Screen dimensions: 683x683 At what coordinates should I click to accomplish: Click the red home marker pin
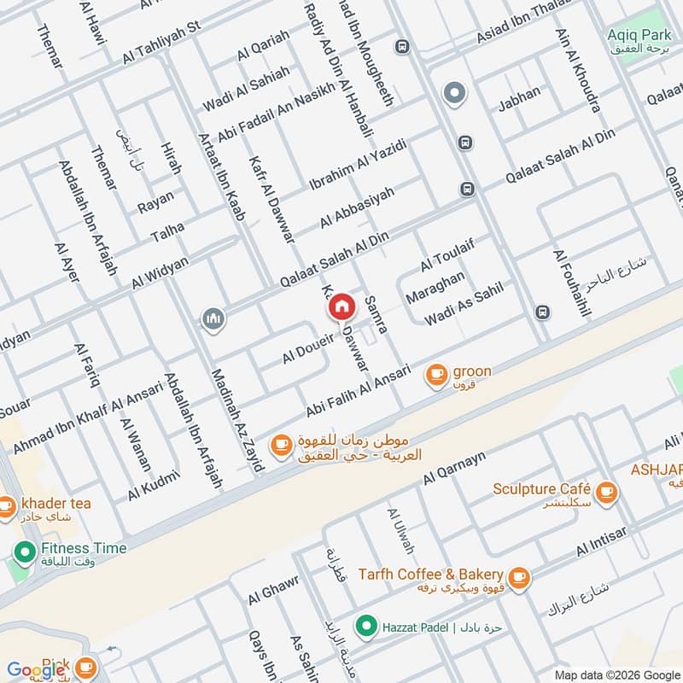[341, 306]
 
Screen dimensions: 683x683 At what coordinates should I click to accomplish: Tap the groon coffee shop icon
[436, 373]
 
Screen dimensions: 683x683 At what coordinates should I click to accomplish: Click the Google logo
[36, 670]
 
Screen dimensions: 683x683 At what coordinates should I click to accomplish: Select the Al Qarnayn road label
[453, 470]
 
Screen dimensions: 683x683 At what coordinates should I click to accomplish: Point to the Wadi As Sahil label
[464, 304]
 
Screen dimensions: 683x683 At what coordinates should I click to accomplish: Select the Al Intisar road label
[602, 540]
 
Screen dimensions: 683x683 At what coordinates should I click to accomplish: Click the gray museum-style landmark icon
[213, 319]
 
